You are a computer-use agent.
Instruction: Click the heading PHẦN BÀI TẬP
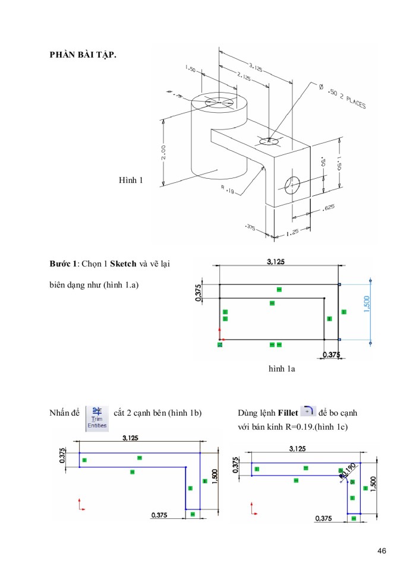pos(83,55)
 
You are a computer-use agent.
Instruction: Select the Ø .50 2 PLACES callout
pos(342,98)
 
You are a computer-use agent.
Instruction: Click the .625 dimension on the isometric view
pos(327,208)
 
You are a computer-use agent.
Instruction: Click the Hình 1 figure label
pos(131,180)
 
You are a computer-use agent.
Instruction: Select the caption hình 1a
pos(282,369)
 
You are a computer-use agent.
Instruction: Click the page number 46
pos(382,552)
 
